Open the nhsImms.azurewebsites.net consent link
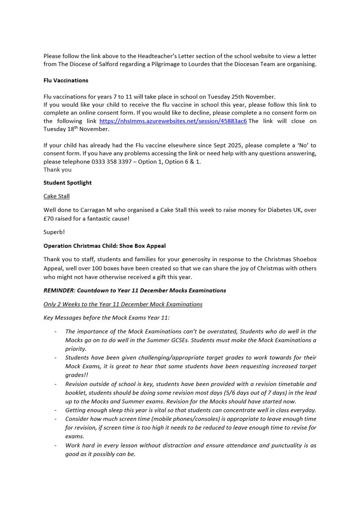[173, 121]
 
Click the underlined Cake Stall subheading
[56, 196]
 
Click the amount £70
[50, 218]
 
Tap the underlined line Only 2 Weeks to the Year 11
[123, 304]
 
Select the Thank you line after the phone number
[57, 170]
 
